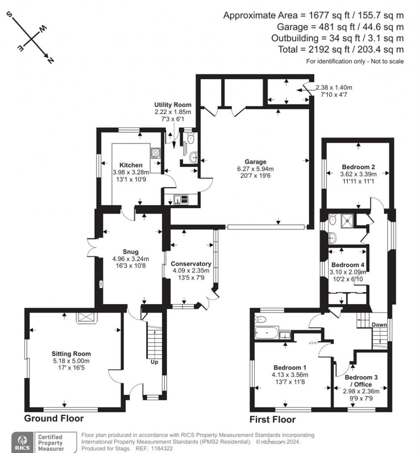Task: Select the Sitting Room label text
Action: [x=71, y=354]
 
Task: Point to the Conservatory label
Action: [x=191, y=264]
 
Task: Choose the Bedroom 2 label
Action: [x=358, y=167]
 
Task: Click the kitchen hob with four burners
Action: [x=155, y=153]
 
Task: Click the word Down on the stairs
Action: [x=379, y=325]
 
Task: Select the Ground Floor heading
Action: [x=54, y=419]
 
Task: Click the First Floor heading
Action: [x=273, y=419]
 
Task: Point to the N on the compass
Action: [x=51, y=60]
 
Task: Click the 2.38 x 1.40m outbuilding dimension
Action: [x=334, y=87]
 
